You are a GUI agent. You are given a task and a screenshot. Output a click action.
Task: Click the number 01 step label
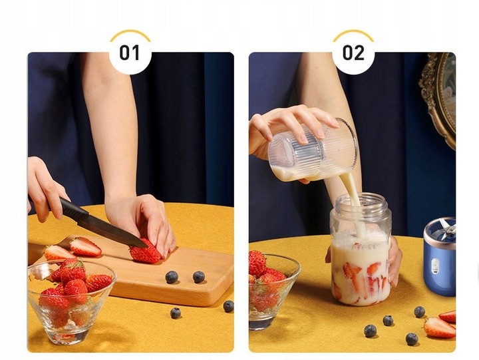pos(130,53)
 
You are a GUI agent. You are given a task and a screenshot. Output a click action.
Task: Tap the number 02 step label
pos(353,53)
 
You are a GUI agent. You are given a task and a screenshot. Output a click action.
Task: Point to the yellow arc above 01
pos(130,33)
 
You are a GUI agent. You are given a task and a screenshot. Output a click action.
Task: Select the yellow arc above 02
pos(353,33)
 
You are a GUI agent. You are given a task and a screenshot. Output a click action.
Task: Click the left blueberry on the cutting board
pos(172,277)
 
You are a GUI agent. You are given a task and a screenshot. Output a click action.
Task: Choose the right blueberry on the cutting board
pos(199,276)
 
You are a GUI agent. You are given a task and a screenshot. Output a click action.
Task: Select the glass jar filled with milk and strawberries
pos(360,260)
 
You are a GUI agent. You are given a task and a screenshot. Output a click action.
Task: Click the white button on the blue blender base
pos(435,266)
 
